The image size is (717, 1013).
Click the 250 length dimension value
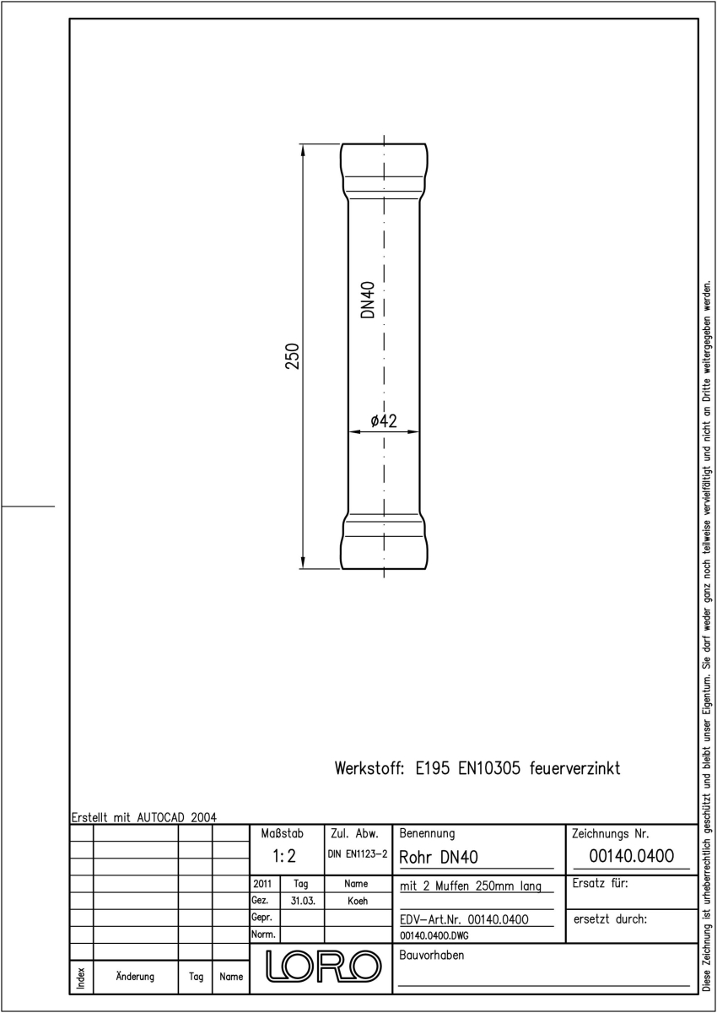293,356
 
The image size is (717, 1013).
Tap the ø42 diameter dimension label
384,421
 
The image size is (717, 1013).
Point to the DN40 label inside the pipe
369,300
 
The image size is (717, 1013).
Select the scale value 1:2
284,856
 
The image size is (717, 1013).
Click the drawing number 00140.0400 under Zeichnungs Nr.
631,856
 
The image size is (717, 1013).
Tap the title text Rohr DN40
439,857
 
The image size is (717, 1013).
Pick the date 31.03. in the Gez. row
303,901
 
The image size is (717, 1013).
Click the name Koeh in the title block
358,901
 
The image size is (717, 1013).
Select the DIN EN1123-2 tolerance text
358,854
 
